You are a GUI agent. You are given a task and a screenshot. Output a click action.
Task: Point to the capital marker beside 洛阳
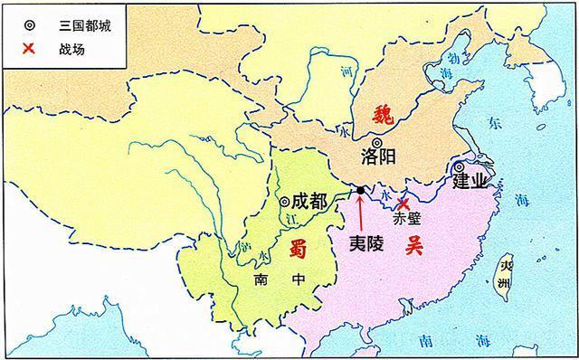(x=376, y=142)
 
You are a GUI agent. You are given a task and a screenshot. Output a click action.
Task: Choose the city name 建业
(x=470, y=183)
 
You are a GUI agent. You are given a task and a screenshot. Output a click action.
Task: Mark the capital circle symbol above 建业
(x=460, y=166)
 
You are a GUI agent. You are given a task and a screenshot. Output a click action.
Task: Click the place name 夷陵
(x=367, y=242)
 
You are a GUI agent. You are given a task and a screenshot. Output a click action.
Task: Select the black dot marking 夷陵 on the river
(x=360, y=190)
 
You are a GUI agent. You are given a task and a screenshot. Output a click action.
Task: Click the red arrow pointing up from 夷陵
(x=360, y=213)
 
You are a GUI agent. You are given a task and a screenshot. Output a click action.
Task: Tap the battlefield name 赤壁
(x=408, y=220)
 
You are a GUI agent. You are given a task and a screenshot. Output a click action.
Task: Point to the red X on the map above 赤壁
(x=403, y=204)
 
